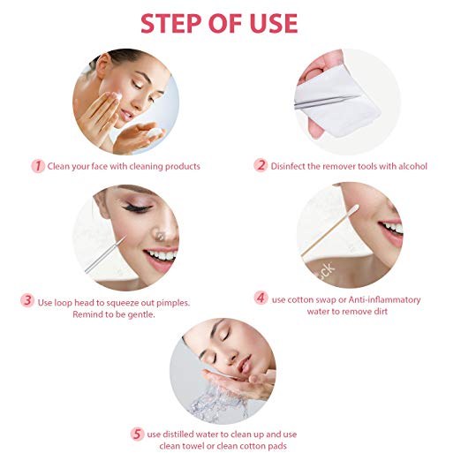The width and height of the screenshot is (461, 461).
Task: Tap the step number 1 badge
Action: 38,166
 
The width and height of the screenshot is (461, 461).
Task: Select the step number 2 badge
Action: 261,166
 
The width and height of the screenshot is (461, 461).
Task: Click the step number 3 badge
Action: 28,300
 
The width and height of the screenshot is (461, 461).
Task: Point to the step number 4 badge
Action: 261,299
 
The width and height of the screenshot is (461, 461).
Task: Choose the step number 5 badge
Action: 137,433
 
